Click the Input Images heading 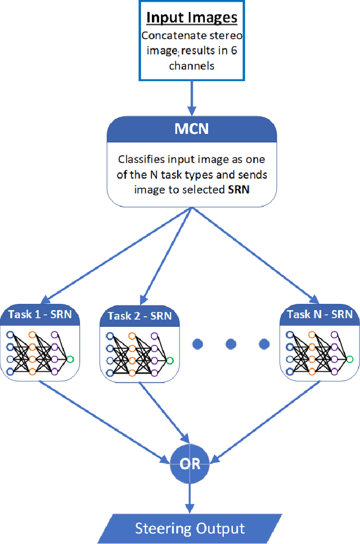coord(192,17)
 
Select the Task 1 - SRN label coord(40,314)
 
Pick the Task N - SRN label coord(320,314)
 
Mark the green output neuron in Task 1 coord(69,358)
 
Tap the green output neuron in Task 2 coord(169,361)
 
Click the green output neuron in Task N coord(349,358)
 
